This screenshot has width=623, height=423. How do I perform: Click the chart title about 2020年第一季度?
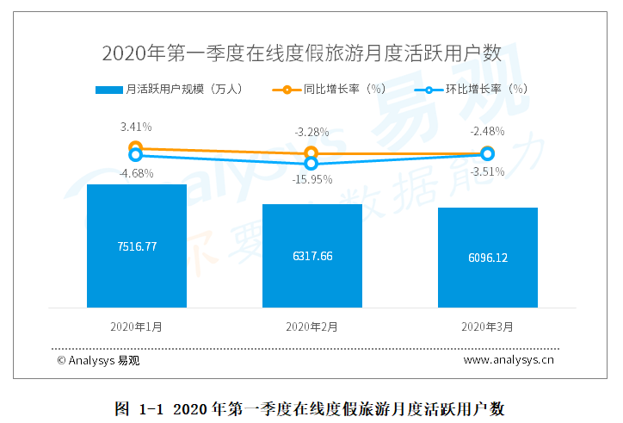(x=301, y=53)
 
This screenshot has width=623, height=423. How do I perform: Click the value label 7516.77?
(x=137, y=246)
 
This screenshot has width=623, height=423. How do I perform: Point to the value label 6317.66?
(x=311, y=256)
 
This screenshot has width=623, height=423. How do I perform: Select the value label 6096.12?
(x=487, y=258)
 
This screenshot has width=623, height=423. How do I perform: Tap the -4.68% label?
(x=136, y=173)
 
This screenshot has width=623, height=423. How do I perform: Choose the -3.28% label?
(x=311, y=132)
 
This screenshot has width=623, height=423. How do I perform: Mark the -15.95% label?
(x=311, y=179)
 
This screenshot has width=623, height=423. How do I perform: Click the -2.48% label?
(x=487, y=132)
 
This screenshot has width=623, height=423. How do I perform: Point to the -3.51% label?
(x=487, y=171)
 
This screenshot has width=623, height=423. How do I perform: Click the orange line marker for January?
(x=135, y=148)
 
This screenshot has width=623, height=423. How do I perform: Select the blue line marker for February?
(x=311, y=162)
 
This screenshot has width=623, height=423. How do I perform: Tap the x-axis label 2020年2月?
(x=311, y=327)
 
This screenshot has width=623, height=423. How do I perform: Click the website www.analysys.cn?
(x=509, y=360)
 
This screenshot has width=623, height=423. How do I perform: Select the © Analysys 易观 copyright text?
(x=98, y=360)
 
